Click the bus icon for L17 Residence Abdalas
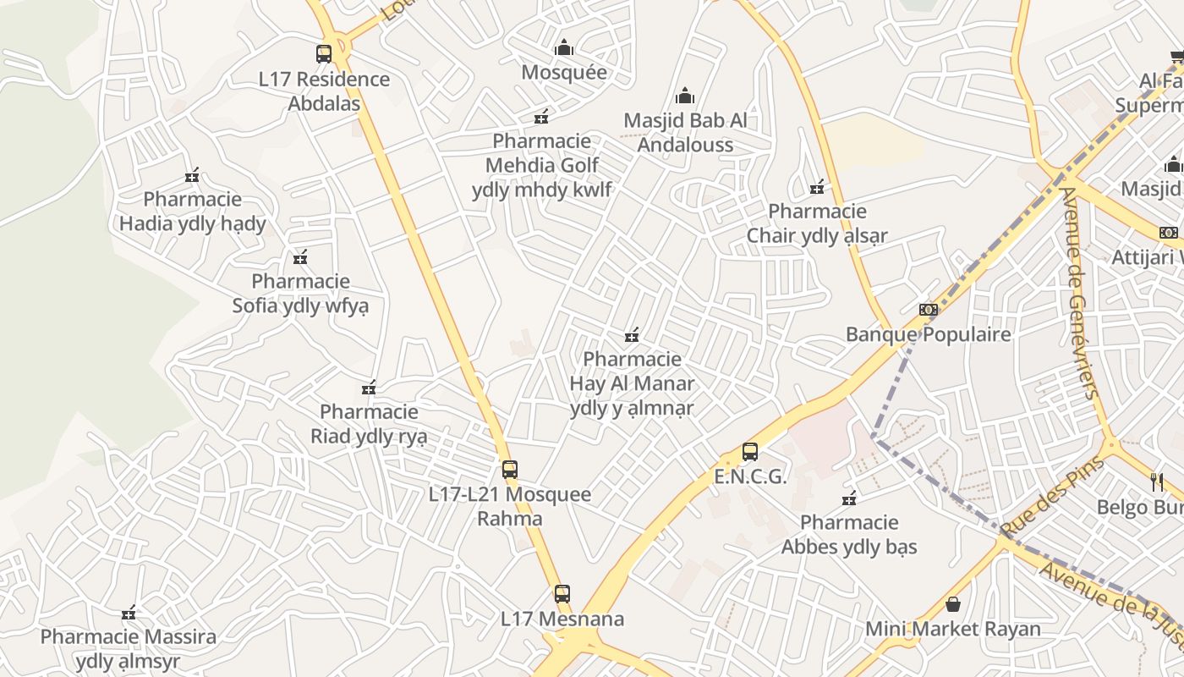pos(324,54)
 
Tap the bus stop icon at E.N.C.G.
pos(750,452)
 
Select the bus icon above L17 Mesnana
pos(562,594)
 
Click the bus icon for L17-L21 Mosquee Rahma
pos(510,470)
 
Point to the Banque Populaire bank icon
pos(929,310)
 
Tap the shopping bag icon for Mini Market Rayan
pos(953,604)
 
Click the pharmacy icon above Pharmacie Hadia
pos(193,175)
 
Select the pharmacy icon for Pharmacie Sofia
pos(300,257)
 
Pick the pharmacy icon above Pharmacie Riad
pos(369,388)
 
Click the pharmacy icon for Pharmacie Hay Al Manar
pos(632,336)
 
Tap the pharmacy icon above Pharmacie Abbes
pos(850,498)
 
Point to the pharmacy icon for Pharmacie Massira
pos(129,613)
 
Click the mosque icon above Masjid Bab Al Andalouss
pos(685,96)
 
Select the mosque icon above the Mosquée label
pos(564,48)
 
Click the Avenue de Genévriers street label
pos(1080,292)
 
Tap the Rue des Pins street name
pos(1052,497)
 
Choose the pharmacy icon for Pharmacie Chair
pos(817,187)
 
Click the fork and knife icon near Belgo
pos(1157,482)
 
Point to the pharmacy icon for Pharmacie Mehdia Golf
pos(541,117)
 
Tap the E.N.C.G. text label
pos(750,476)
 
